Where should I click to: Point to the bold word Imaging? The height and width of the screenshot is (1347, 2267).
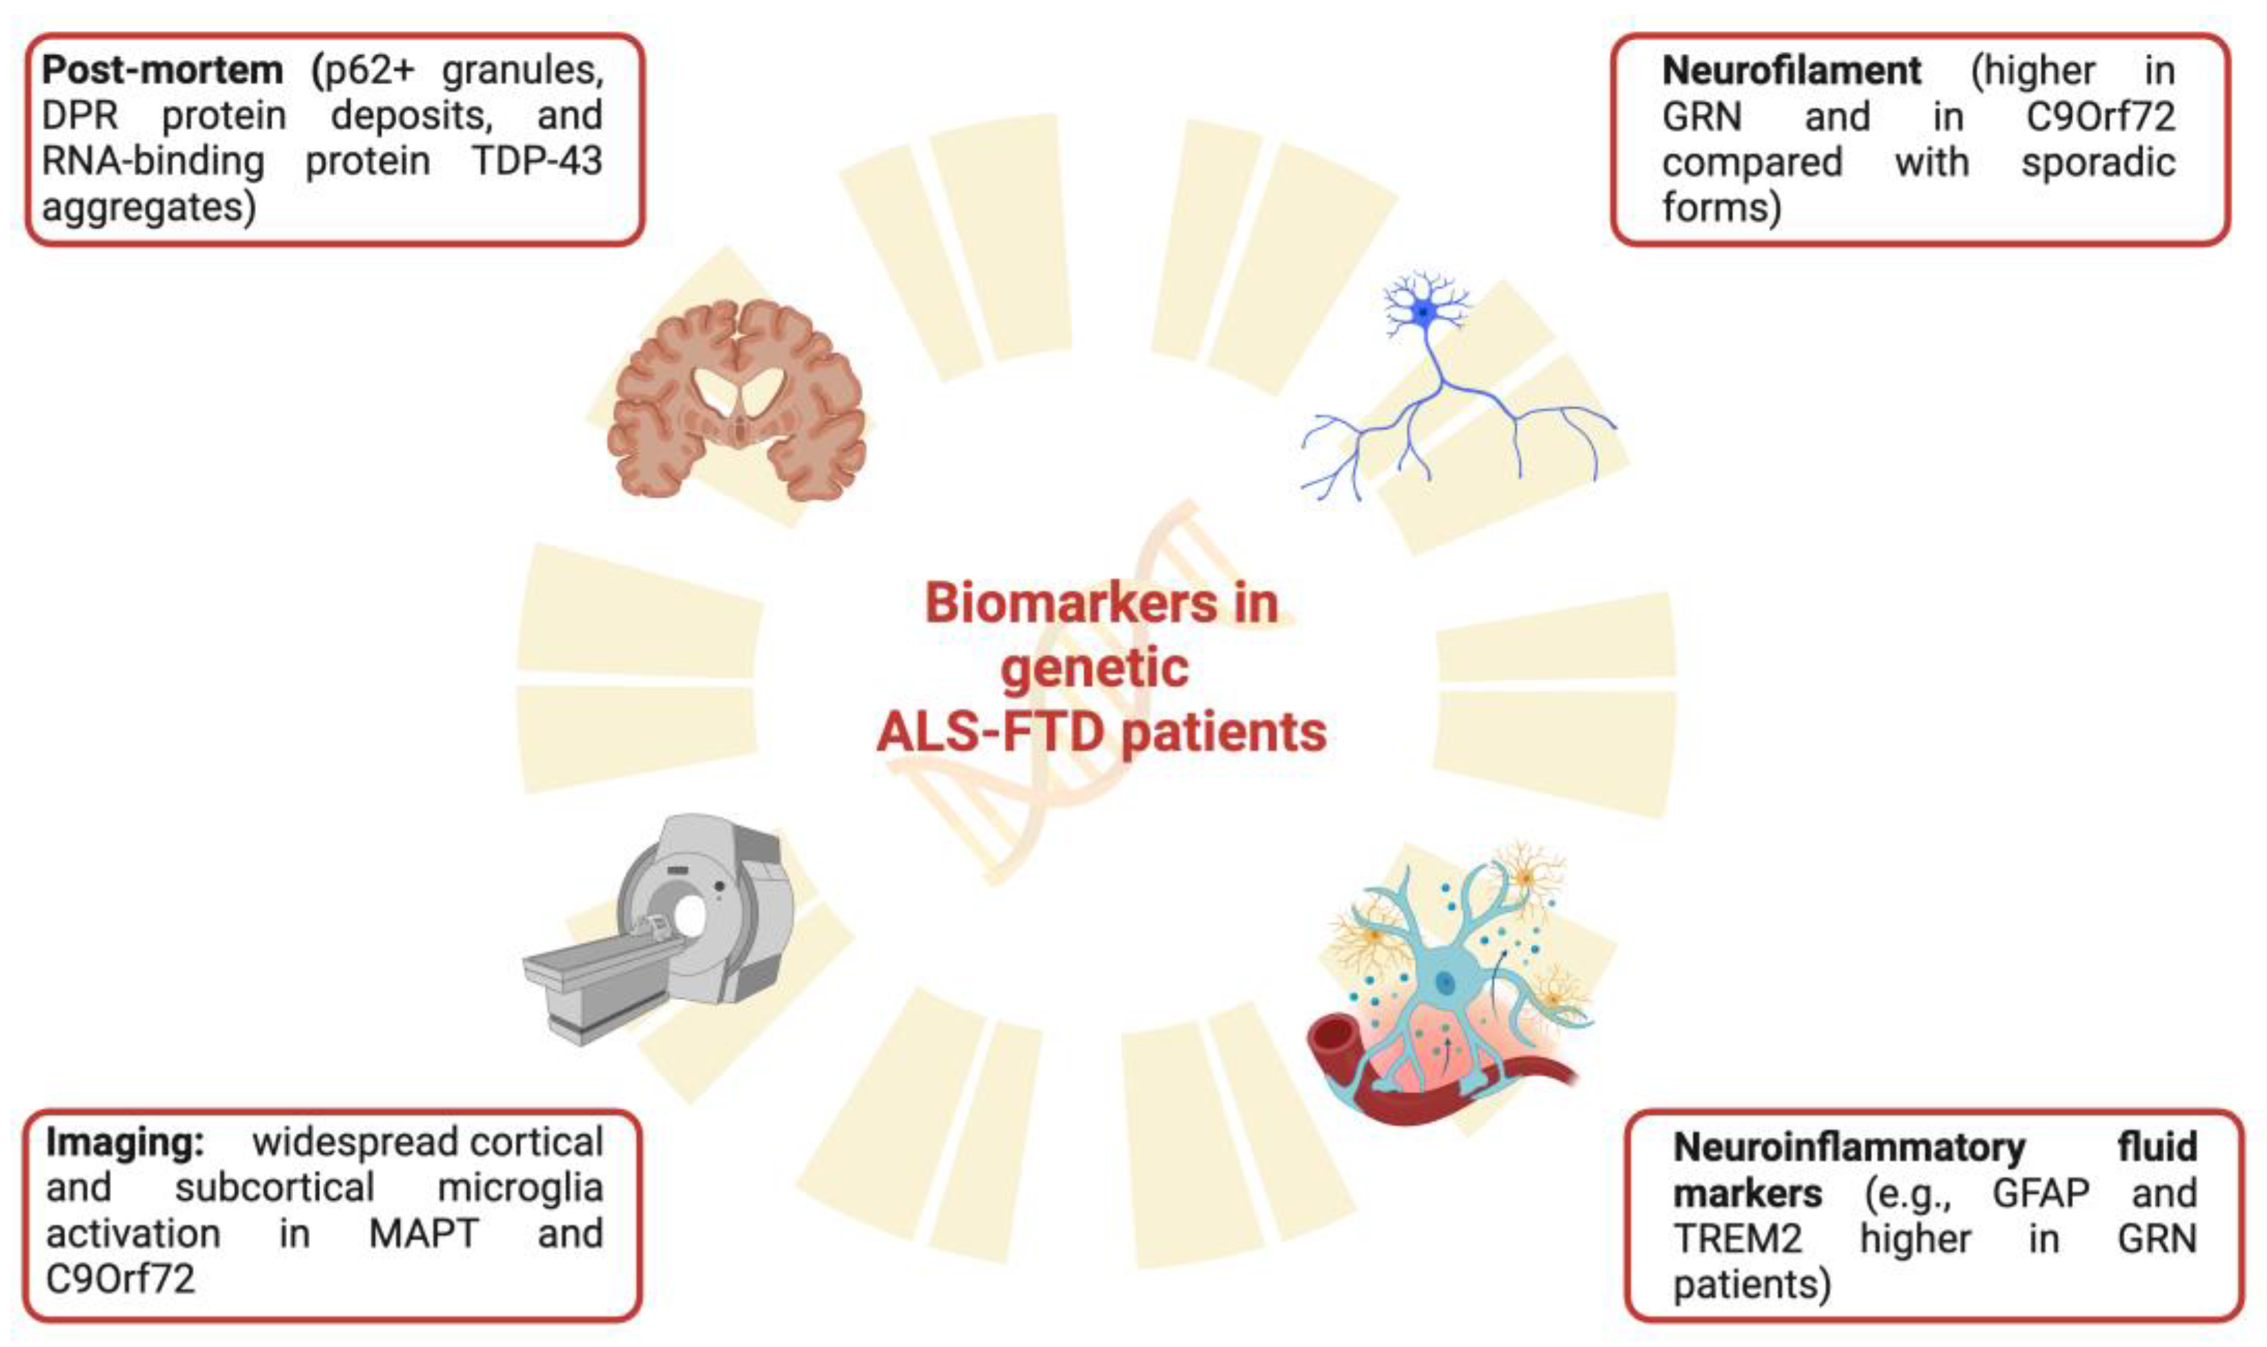pyautogui.click(x=126, y=1143)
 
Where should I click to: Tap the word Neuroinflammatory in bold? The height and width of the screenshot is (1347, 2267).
pyautogui.click(x=1848, y=1147)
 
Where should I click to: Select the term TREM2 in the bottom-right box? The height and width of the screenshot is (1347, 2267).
pyautogui.click(x=1738, y=1239)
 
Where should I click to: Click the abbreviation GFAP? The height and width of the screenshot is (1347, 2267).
pyautogui.click(x=2040, y=1193)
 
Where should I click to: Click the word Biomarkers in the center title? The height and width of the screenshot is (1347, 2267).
pyautogui.click(x=1071, y=603)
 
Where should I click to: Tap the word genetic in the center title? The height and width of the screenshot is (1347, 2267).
pyautogui.click(x=1094, y=669)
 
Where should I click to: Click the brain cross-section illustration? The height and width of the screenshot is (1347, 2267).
pyautogui.click(x=735, y=399)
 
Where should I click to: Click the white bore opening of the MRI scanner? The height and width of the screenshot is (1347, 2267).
pyautogui.click(x=690, y=917)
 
